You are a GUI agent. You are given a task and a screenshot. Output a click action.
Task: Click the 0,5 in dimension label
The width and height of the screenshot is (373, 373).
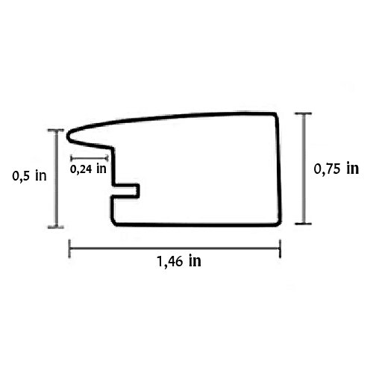29,176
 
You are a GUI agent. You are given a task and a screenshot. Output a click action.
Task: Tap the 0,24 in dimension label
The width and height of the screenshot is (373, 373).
88,169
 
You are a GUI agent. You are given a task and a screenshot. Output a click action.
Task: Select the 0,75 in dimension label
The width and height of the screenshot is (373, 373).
336,169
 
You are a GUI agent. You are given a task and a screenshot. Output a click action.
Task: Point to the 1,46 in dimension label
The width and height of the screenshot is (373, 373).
179,261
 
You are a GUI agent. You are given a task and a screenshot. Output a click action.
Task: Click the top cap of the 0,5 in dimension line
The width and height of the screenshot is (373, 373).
56,130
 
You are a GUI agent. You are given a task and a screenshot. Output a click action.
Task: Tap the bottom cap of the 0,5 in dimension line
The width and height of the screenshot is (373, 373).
56,227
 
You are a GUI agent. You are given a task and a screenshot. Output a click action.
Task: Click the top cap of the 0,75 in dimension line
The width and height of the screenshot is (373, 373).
304,113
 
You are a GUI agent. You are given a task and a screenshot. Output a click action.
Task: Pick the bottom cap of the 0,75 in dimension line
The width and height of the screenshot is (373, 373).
304,224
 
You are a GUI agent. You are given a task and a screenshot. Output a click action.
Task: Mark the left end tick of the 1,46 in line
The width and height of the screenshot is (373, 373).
69,248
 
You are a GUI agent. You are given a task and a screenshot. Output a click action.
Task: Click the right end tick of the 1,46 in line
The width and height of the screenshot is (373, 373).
280,248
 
